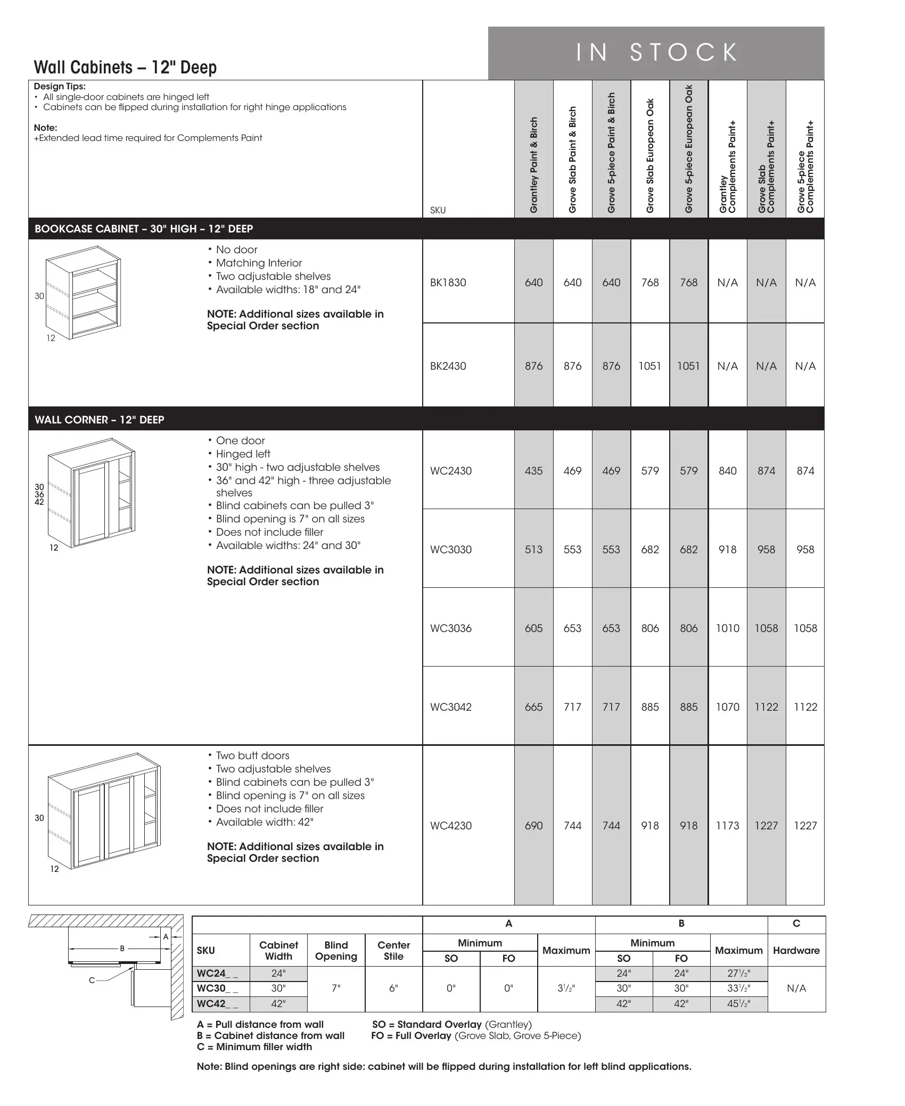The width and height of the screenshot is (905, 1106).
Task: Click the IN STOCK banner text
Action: point(657,53)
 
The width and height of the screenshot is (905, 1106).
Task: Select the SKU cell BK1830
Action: point(448,282)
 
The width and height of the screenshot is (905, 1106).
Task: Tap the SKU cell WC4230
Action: point(450,826)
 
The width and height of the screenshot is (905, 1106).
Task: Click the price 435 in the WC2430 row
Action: point(533,471)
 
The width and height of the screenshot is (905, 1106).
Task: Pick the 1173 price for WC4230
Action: point(727,826)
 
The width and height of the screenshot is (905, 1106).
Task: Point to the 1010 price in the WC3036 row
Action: point(727,628)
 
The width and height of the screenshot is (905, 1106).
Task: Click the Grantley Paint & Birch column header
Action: point(534,165)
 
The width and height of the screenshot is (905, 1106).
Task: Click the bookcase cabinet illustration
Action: point(83,293)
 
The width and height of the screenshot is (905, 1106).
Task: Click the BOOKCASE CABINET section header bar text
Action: point(144,229)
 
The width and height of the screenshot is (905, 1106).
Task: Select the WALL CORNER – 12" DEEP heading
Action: point(100,420)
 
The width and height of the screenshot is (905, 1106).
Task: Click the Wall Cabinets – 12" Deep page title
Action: point(125,68)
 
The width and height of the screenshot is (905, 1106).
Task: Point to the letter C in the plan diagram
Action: point(92,980)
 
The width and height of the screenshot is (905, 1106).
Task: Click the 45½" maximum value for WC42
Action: point(738,1004)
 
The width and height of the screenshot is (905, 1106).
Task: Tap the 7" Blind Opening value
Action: point(336,988)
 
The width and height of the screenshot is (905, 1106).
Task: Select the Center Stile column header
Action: point(393,950)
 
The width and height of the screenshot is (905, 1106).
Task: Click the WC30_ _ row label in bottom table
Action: point(217,988)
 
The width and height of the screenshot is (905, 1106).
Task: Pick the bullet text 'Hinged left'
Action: point(243,454)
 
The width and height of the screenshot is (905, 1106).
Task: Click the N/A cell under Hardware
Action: point(796,988)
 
